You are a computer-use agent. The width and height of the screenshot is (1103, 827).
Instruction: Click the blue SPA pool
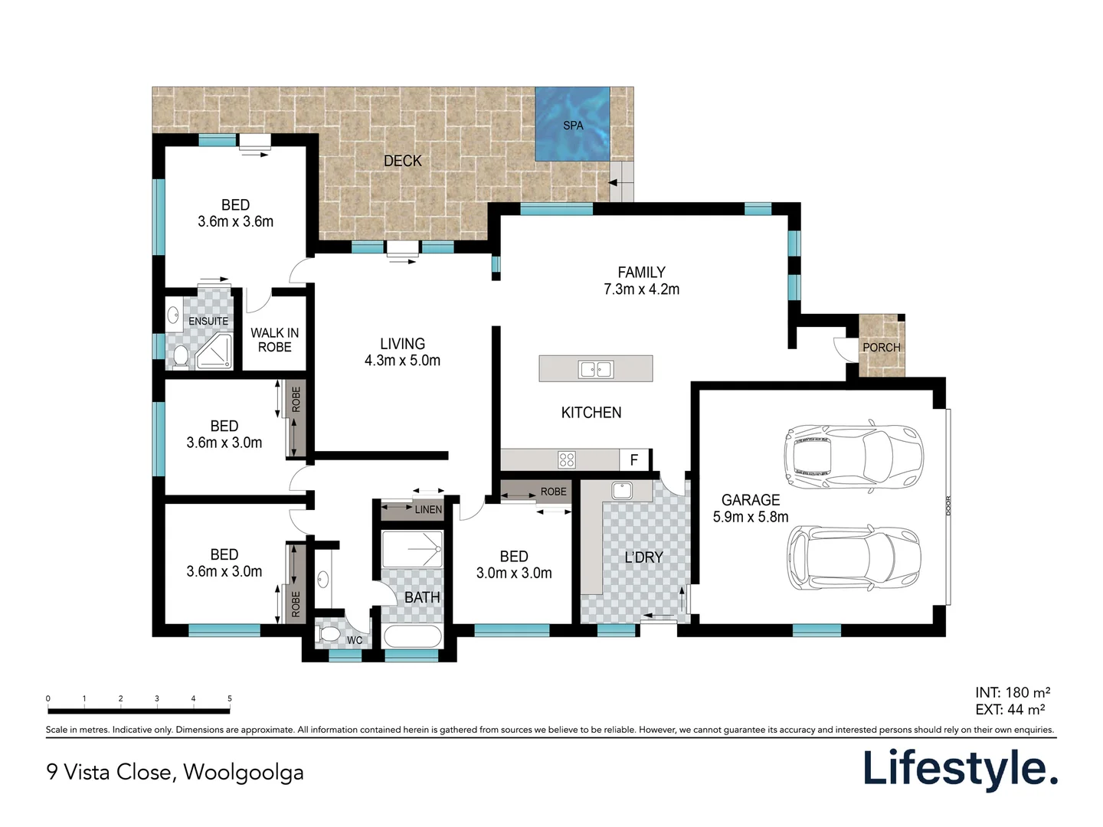point(572,124)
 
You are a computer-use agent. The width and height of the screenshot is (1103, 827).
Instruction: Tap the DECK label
point(402,161)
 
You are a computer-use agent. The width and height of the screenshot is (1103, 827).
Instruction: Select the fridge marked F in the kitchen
point(634,459)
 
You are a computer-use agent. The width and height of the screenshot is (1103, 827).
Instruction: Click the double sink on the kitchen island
point(595,370)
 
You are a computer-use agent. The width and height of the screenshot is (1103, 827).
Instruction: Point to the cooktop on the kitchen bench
point(567,459)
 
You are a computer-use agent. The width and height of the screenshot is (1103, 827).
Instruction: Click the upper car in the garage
point(853,456)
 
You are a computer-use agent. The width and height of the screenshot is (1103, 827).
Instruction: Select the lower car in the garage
point(853,558)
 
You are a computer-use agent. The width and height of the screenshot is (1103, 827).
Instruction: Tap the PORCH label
point(882,348)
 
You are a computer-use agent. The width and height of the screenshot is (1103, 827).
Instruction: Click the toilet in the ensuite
point(181,357)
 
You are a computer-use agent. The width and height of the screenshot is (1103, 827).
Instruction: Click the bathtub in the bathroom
point(412,637)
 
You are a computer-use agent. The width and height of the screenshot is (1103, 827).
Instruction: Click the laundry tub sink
point(621,490)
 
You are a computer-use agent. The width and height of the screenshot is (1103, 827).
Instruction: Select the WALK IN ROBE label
point(274,340)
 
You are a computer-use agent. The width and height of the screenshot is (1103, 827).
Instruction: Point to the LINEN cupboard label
point(428,509)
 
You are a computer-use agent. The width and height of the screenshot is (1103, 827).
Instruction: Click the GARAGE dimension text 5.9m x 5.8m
point(750,517)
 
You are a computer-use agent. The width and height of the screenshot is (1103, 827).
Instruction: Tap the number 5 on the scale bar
point(229,698)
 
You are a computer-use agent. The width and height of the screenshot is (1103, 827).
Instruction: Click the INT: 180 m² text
point(1012,692)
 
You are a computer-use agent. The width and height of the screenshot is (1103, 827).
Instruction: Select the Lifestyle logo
point(960,769)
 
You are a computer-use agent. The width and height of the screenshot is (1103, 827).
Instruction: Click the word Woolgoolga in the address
point(243,772)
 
